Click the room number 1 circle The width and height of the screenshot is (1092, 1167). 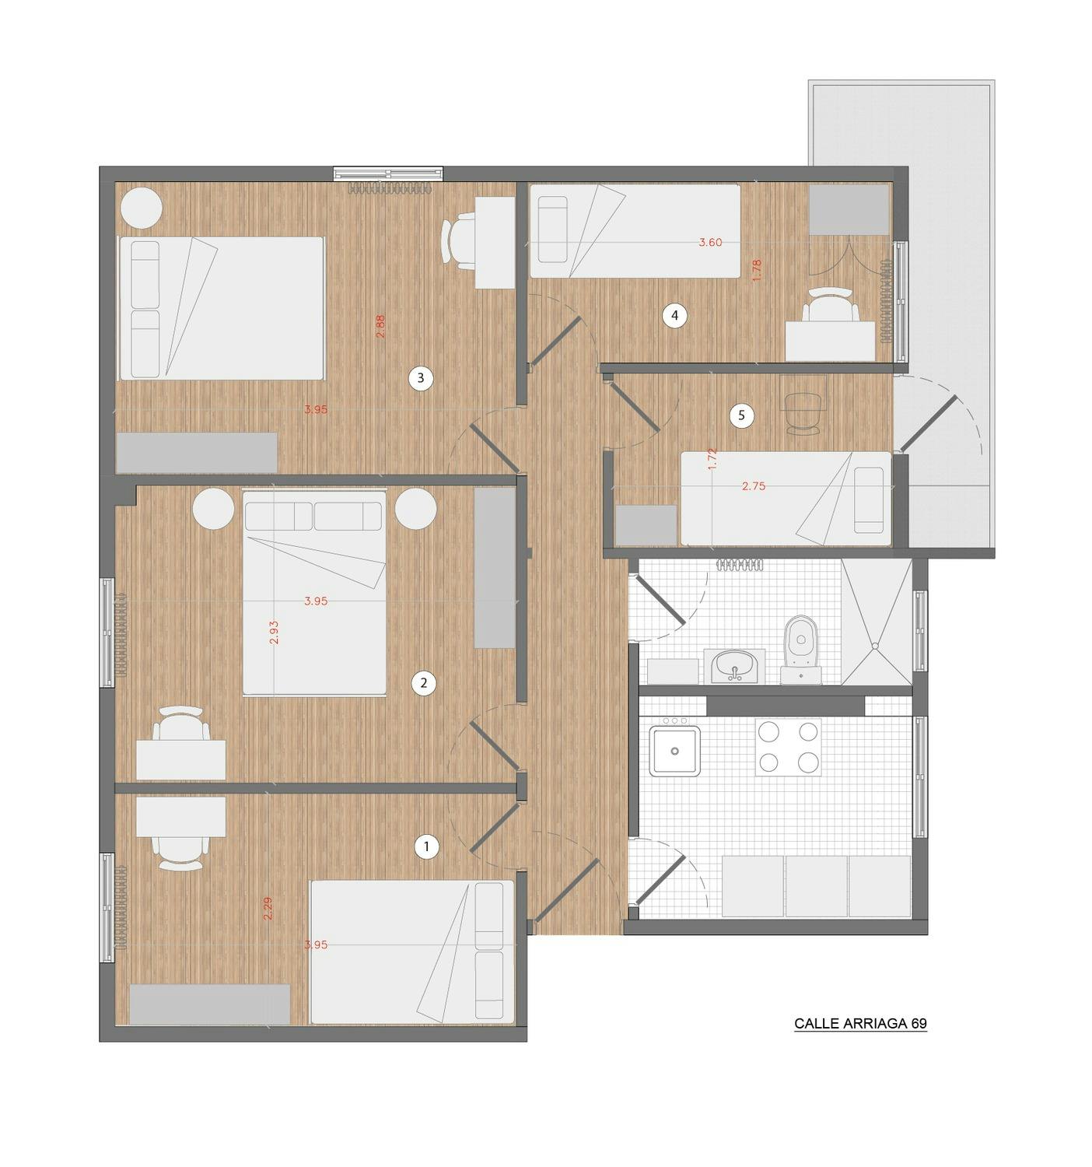[426, 846]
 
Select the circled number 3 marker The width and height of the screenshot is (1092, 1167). [420, 378]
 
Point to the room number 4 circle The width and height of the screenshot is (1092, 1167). [674, 316]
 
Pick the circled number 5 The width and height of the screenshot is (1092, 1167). [741, 415]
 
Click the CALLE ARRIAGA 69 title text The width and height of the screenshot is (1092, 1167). [860, 1023]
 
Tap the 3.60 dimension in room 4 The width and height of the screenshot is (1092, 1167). [710, 242]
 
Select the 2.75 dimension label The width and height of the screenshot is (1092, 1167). [754, 486]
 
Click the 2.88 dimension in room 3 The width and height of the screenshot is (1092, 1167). [380, 326]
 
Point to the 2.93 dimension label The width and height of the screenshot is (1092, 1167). [274, 633]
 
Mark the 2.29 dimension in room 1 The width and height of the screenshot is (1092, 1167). [268, 908]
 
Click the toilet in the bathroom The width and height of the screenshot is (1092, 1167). [800, 650]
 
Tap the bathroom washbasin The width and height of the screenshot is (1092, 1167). [734, 667]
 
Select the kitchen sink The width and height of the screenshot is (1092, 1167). [674, 751]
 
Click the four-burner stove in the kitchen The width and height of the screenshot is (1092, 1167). [788, 747]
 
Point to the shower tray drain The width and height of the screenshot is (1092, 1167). [874, 646]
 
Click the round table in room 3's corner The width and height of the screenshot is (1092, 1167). [141, 208]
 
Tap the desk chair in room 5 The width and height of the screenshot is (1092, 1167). [802, 413]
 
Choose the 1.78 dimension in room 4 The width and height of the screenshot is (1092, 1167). [757, 270]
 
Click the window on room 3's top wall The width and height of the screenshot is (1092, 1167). [388, 173]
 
